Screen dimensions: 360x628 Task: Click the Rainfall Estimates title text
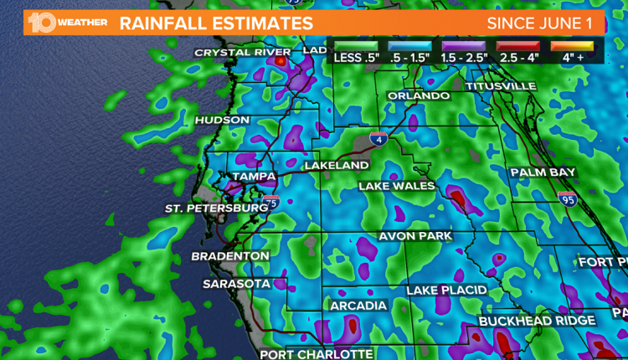pyautogui.click(x=216, y=23)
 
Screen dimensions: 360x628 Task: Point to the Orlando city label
pyautogui.click(x=418, y=96)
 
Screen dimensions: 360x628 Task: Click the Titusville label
pyautogui.click(x=501, y=86)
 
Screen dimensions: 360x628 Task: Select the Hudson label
pyautogui.click(x=222, y=121)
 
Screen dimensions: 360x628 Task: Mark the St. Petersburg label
pyautogui.click(x=216, y=208)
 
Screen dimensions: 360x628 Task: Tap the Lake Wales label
pyautogui.click(x=396, y=185)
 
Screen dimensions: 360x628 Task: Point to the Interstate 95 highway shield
pyautogui.click(x=567, y=198)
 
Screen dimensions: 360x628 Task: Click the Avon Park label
pyautogui.click(x=415, y=236)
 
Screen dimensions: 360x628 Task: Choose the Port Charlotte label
pyautogui.click(x=316, y=353)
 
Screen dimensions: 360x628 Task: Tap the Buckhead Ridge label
pyautogui.click(x=537, y=321)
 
